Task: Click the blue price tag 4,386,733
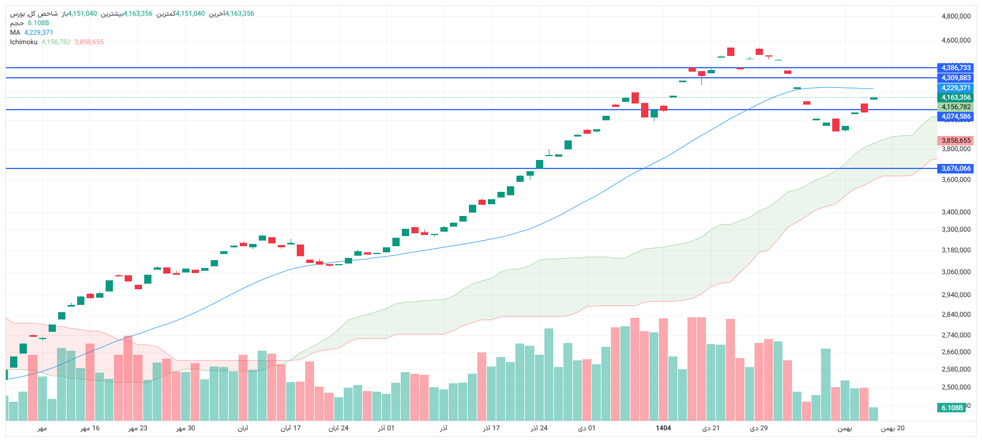(x=956, y=68)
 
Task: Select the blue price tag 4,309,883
(x=956, y=78)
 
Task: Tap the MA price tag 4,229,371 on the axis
(x=956, y=88)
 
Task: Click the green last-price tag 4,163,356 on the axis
(x=956, y=97)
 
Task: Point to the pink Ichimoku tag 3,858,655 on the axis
(x=956, y=140)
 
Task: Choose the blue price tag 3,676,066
(x=956, y=168)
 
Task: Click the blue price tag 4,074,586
(x=956, y=116)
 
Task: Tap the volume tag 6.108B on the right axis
(x=952, y=408)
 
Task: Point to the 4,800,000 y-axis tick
(x=956, y=16)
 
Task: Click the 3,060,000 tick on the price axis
(x=956, y=272)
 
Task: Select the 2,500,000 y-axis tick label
(x=956, y=387)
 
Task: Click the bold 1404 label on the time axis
(x=663, y=428)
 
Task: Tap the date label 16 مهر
(x=90, y=428)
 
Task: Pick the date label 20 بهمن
(x=893, y=428)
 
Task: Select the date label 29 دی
(x=758, y=428)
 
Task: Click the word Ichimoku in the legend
(x=23, y=42)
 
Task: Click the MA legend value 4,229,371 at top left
(x=39, y=32)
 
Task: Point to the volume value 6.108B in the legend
(x=39, y=23)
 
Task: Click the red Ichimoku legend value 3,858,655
(x=89, y=42)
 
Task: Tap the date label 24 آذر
(x=539, y=428)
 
